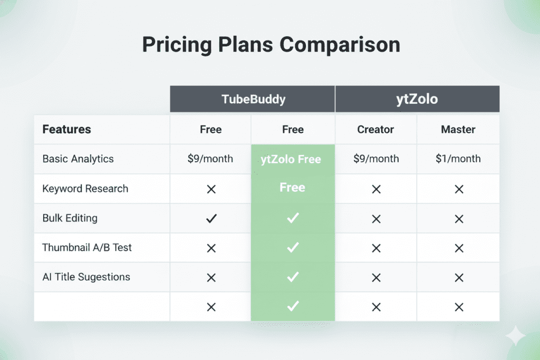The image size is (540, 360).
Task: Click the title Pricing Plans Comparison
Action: pyautogui.click(x=271, y=45)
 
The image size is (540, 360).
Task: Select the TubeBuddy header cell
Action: pyautogui.click(x=252, y=99)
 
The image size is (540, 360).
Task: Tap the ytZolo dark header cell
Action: pyautogui.click(x=417, y=99)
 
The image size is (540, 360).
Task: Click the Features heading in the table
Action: pyautogui.click(x=66, y=129)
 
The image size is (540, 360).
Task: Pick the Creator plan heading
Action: pyautogui.click(x=375, y=129)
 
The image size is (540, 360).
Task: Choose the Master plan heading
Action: pyautogui.click(x=458, y=129)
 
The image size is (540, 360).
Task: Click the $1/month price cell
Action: pyautogui.click(x=458, y=159)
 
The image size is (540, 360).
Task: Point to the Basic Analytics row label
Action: pyautogui.click(x=78, y=159)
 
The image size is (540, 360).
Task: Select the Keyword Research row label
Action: pyautogui.click(x=85, y=189)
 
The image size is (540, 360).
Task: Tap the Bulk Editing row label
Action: pyautogui.click(x=70, y=218)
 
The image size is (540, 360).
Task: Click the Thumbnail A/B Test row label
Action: pyautogui.click(x=87, y=247)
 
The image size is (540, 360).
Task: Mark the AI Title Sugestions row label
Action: pyautogui.click(x=86, y=277)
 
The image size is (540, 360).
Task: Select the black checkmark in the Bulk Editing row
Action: pyautogui.click(x=211, y=218)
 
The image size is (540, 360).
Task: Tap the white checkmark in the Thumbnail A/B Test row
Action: pyautogui.click(x=293, y=248)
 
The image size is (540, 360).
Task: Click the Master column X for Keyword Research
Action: pyautogui.click(x=458, y=189)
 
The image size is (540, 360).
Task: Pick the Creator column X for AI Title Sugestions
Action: pyautogui.click(x=375, y=277)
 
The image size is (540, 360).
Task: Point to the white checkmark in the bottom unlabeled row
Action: pyautogui.click(x=293, y=306)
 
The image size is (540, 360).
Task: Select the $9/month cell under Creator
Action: pyautogui.click(x=375, y=159)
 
